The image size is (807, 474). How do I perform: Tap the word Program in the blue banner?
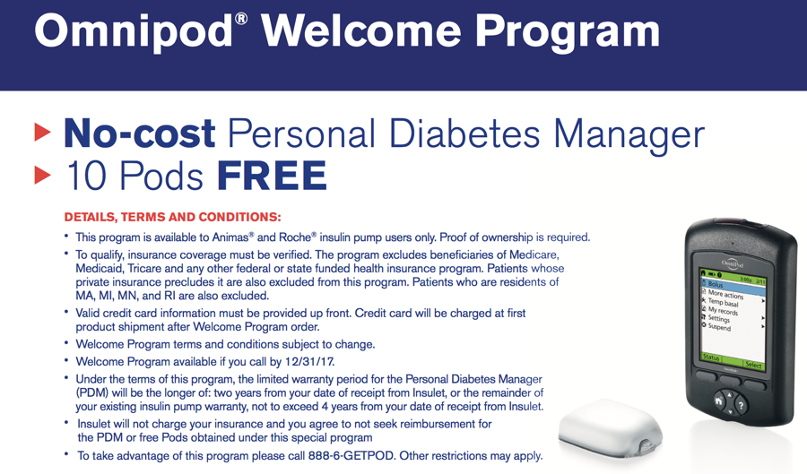coord(568,33)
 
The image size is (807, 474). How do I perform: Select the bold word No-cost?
coord(140,134)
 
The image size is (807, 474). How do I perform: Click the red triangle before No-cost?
coord(42,132)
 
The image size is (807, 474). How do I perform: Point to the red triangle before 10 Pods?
coord(42,176)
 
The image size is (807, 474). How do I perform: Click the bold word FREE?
coord(272,176)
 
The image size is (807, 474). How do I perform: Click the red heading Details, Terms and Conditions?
coord(173,217)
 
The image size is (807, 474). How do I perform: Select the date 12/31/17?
coord(309,361)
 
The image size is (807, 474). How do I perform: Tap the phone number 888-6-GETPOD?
coord(351,455)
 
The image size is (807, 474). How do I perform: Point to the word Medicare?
coord(534,254)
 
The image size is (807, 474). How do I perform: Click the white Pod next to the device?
coord(611,427)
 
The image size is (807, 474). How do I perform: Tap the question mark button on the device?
coord(742,406)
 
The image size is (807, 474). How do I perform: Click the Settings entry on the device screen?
coord(719,318)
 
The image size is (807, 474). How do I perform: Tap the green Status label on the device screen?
coord(711,357)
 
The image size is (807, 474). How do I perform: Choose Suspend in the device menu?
coord(719,326)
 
